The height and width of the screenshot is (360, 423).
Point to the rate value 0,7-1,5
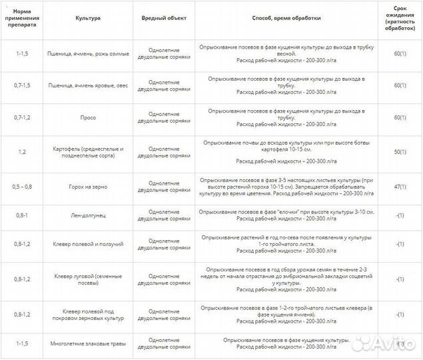click(21, 85)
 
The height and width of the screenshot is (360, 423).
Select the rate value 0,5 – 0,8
click(21, 187)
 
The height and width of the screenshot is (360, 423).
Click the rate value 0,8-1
click(21, 215)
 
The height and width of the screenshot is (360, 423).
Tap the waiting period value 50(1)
click(400, 153)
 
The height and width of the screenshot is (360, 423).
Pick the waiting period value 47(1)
click(400, 187)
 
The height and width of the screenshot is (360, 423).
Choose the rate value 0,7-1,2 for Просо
click(21, 117)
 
